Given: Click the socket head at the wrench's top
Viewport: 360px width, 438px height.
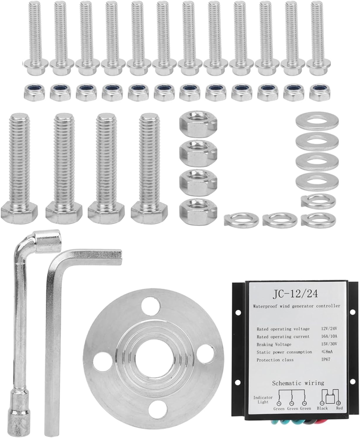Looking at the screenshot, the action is [x=47, y=241].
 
